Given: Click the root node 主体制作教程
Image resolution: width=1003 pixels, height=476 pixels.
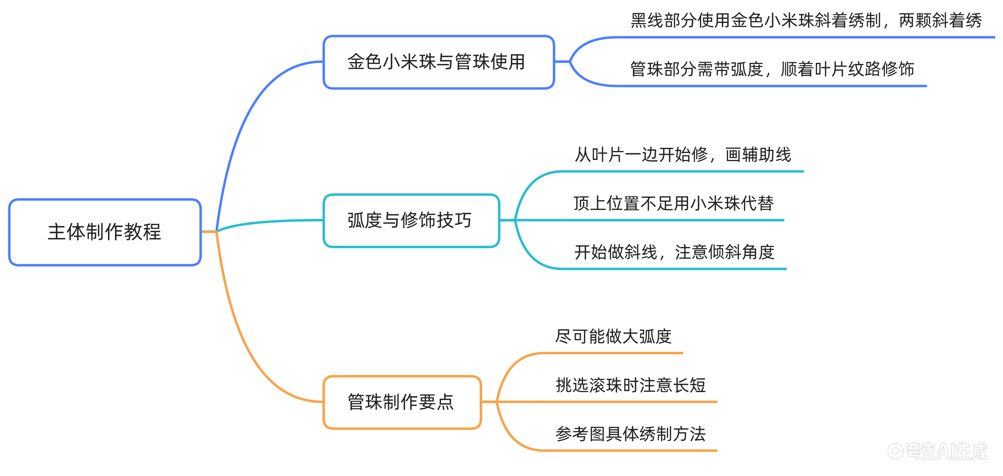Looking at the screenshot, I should coord(105,232).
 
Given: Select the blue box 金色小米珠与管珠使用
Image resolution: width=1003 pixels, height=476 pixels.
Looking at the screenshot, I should coord(438,62).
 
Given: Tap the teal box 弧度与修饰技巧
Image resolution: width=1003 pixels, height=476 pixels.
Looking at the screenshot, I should coord(411,220).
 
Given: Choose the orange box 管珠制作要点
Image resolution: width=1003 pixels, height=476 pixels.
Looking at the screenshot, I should coord(402,402).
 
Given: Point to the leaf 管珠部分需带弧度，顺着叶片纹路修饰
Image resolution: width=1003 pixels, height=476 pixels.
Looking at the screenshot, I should coord(772,69).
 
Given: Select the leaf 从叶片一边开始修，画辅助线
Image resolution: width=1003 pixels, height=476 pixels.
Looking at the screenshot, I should coord(683,155).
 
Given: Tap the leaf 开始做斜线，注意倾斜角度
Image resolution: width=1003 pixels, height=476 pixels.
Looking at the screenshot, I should coord(674,252).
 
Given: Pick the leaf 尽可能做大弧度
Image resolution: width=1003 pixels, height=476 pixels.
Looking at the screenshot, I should coord(613,337).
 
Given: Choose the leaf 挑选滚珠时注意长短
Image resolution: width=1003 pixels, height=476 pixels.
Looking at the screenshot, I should coord(631,385).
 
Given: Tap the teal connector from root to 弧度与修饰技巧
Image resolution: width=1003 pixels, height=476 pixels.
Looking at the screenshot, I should coord(269,222).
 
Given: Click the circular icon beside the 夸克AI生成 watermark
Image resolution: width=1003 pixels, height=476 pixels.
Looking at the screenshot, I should coord(895,451).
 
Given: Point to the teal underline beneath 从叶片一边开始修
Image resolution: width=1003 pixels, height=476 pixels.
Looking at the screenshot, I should coord(683,171).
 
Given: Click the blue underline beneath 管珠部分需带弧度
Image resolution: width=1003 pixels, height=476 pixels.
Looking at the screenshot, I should coord(772,86).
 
